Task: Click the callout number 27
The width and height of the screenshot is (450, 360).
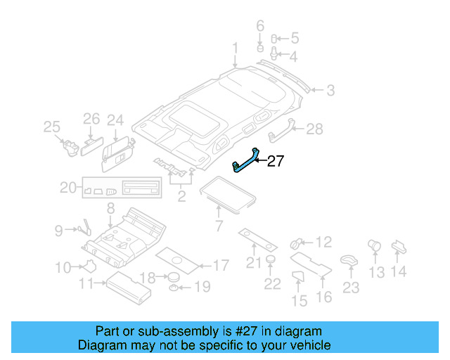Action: tap(275, 162)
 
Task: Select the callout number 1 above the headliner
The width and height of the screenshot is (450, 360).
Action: tap(236, 48)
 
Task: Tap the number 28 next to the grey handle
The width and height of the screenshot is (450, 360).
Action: tap(314, 129)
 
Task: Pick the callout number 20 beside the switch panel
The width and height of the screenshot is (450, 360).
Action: tap(67, 188)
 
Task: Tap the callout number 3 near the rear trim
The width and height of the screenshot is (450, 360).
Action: tap(330, 90)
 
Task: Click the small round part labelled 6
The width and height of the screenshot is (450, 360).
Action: tap(259, 49)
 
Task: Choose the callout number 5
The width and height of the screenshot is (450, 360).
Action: tap(294, 37)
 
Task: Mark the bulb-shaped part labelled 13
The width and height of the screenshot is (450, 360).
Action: tap(374, 246)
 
